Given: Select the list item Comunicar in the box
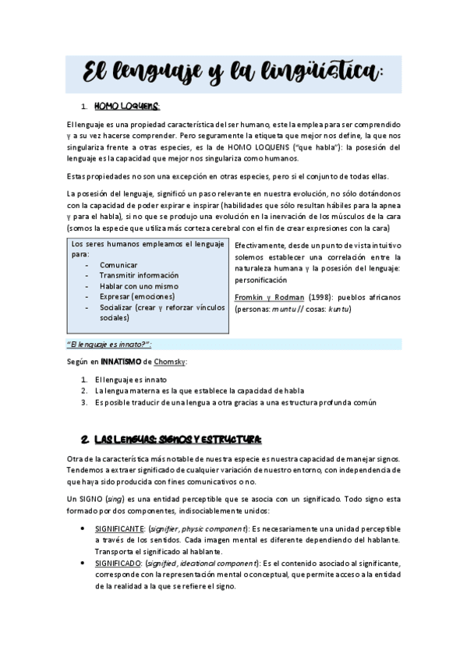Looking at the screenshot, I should pyautogui.click(x=119, y=265).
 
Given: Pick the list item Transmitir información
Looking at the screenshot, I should pyautogui.click(x=139, y=275).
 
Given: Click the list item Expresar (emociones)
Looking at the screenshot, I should pyautogui.click(x=137, y=296).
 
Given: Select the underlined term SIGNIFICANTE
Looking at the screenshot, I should pyautogui.click(x=117, y=529).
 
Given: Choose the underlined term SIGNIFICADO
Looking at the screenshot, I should pyautogui.click(x=115, y=563).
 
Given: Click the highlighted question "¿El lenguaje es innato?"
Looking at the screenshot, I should pyautogui.click(x=107, y=344).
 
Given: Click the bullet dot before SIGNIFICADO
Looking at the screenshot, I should pyautogui.click(x=83, y=563).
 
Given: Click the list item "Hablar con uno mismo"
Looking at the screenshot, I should pyautogui.click(x=138, y=286).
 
